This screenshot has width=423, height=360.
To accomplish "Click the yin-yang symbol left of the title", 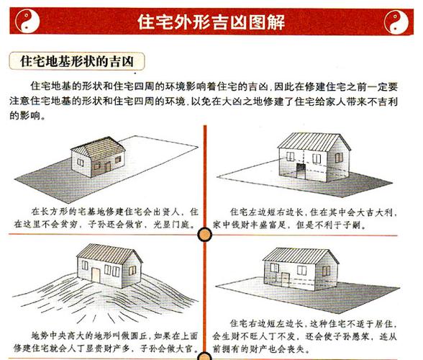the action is [27, 21].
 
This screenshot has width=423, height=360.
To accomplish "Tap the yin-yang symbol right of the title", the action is [396, 22].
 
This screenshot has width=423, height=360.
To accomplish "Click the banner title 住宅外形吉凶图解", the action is [211, 22].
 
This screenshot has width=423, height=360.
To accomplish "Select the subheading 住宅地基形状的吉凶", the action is [77, 61].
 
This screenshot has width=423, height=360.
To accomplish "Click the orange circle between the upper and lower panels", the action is [205, 235].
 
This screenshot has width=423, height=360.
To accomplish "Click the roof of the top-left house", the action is [99, 148].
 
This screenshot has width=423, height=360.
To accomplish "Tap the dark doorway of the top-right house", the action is [301, 171].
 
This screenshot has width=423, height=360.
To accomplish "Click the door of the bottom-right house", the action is [285, 280].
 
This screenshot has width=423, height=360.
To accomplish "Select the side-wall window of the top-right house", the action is [339, 158].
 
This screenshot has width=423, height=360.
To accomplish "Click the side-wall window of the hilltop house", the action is [132, 270].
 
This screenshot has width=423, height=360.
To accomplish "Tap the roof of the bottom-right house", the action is [300, 256].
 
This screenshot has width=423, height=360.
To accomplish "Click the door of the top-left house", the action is [107, 167].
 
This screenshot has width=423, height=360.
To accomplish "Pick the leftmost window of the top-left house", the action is [81, 162].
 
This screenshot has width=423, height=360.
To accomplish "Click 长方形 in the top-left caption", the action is [59, 212].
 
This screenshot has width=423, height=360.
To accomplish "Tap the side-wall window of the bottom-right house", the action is [326, 271].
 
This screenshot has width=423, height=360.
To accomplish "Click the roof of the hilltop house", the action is [109, 254].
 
